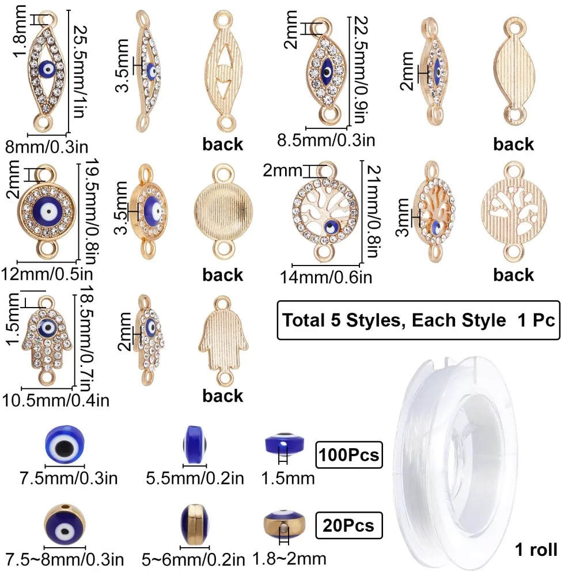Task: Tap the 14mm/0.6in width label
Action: (325, 278)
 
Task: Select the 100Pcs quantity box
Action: (348, 455)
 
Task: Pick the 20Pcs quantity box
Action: (348, 524)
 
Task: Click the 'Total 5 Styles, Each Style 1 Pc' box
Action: (418, 320)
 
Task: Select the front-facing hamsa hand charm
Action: (45, 337)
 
